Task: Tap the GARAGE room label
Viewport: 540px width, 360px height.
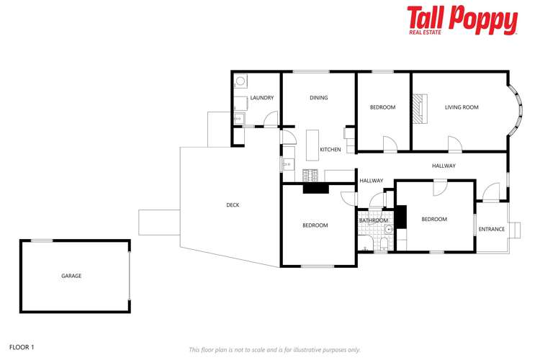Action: click(x=71, y=276)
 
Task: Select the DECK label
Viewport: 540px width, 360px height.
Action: click(x=233, y=205)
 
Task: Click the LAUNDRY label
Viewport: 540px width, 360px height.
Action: click(x=261, y=98)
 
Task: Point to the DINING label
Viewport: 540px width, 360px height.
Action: click(x=318, y=98)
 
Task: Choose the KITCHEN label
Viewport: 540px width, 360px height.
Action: click(x=330, y=150)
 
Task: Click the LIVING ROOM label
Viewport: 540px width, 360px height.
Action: click(x=462, y=107)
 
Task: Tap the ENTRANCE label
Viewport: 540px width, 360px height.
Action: click(x=492, y=230)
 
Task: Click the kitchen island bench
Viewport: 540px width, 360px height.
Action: click(x=312, y=144)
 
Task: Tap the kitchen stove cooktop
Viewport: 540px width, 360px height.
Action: click(x=310, y=174)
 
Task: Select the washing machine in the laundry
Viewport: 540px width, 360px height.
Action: click(x=240, y=81)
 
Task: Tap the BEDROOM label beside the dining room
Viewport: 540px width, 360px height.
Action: click(x=382, y=107)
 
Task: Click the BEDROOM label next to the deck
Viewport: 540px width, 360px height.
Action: click(x=315, y=225)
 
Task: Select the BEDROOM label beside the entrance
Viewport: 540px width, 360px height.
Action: click(x=434, y=219)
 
